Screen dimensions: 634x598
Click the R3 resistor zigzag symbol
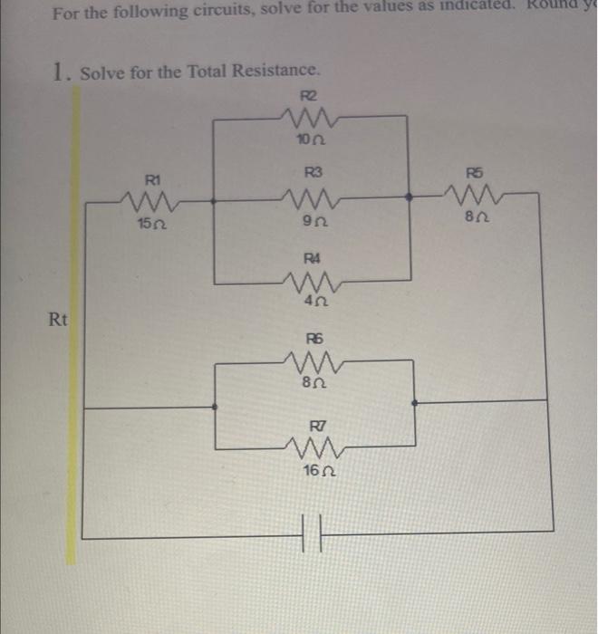point(306,196)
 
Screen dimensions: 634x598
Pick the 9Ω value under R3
point(311,224)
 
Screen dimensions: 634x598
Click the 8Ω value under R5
point(475,219)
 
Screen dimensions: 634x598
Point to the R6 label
point(313,339)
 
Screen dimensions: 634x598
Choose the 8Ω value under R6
point(312,385)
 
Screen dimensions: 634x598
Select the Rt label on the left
point(57,319)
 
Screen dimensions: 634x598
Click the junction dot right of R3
point(410,195)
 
